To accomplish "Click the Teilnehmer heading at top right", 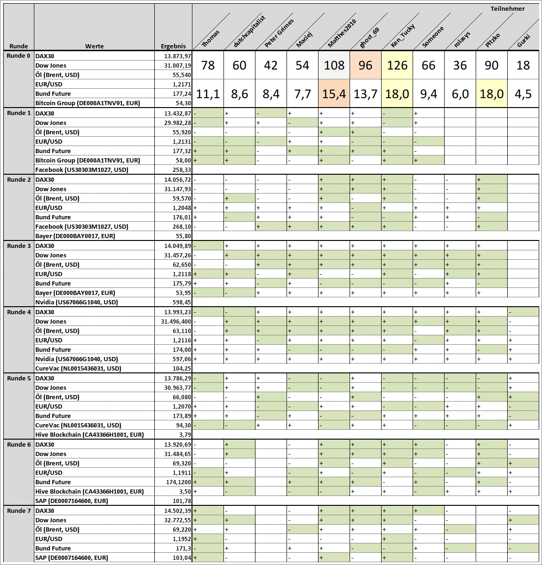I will (x=507, y=8).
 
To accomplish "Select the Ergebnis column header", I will (x=173, y=46).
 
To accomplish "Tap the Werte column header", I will (x=94, y=46).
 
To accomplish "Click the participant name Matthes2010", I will (x=342, y=33).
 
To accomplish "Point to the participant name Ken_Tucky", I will (x=403, y=36).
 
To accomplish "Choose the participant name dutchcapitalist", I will (x=249, y=31).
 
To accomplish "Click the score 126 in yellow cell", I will (x=397, y=65).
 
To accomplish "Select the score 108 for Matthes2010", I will (x=334, y=65).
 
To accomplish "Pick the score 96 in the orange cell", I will (x=366, y=65).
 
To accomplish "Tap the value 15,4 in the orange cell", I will (x=334, y=94).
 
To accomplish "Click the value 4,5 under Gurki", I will (x=523, y=94).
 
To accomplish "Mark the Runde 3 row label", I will (x=19, y=246).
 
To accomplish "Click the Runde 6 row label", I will (x=19, y=444).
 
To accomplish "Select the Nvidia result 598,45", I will (x=182, y=302).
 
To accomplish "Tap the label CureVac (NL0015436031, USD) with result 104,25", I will (x=78, y=368).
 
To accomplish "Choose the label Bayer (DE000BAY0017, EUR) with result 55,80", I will (x=75, y=236).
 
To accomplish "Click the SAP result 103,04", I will (x=182, y=557).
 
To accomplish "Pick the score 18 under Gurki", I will (x=523, y=65).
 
